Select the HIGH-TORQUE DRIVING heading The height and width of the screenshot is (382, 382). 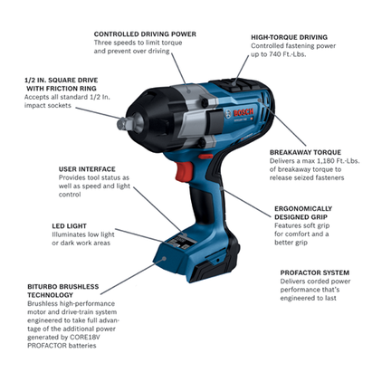[x=289, y=37]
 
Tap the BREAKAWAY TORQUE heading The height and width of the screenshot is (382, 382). [x=303, y=152]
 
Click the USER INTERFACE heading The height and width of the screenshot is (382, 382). [x=87, y=169]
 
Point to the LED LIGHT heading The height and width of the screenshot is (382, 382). [x=68, y=224]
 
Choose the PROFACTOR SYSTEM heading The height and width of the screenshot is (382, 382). [x=314, y=272]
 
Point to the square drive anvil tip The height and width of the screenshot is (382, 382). [x=125, y=114]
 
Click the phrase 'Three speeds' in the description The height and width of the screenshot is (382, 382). [x=118, y=42]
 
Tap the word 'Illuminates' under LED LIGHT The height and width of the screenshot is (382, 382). [x=72, y=234]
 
